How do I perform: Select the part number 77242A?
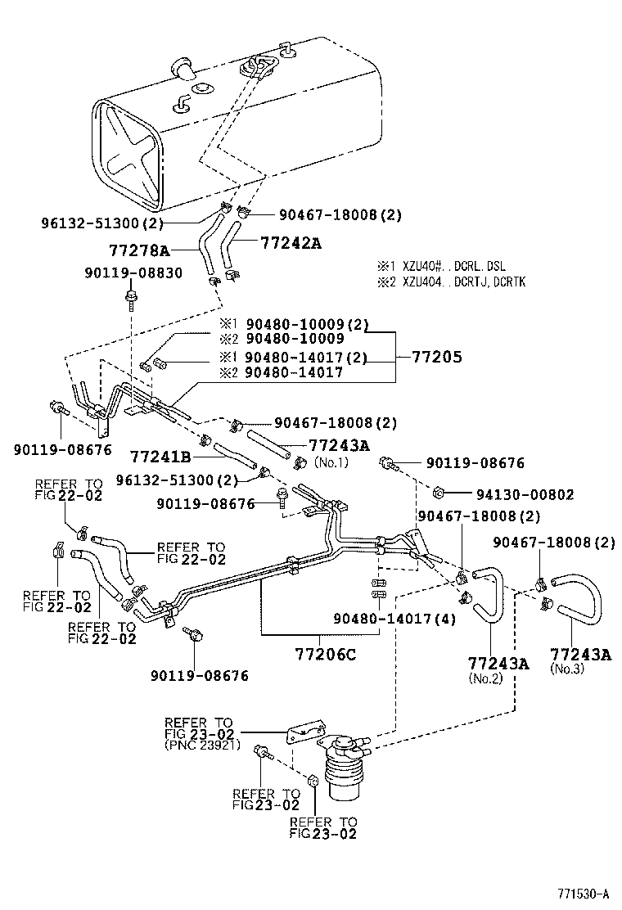pyautogui.click(x=291, y=242)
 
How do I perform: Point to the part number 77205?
pyautogui.click(x=436, y=357)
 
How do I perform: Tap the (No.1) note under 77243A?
pyautogui.click(x=331, y=462)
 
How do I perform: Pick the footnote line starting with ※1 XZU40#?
pyautogui.click(x=442, y=266)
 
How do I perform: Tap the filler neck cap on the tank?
pyautogui.click(x=183, y=69)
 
